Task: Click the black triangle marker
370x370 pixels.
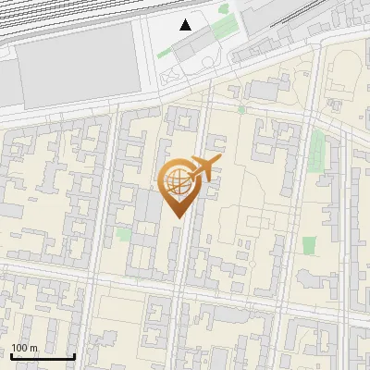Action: click(186, 25)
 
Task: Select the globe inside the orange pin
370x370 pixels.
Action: click(177, 182)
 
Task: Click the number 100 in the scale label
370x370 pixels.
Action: click(20, 348)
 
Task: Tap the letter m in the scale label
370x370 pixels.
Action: click(34, 348)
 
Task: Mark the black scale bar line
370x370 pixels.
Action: click(43, 356)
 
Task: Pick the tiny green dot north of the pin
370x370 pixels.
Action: click(240, 109)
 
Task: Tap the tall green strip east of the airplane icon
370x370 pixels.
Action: click(318, 148)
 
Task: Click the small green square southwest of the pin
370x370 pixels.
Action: click(123, 234)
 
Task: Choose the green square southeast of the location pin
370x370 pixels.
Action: click(309, 245)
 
